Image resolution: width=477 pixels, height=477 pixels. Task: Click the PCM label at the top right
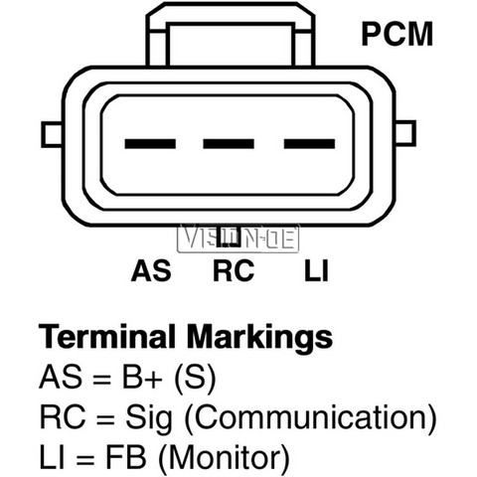click(x=397, y=34)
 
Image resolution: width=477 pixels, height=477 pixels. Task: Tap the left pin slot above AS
click(x=150, y=144)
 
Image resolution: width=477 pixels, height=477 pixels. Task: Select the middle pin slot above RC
click(x=229, y=144)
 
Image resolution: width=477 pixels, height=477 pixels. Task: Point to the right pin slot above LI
click(x=309, y=144)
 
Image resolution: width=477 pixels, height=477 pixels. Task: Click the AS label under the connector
click(x=151, y=270)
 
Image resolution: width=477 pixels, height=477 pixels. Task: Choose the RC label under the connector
click(x=234, y=270)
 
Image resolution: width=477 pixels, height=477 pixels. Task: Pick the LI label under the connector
click(x=316, y=270)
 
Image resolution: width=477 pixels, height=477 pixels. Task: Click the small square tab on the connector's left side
click(x=52, y=134)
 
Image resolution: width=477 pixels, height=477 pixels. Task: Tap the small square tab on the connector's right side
click(x=405, y=133)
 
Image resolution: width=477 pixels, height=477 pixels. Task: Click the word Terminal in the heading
click(x=107, y=336)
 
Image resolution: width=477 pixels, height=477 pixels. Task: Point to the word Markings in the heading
click(x=259, y=338)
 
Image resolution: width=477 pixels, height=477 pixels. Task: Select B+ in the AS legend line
click(x=142, y=377)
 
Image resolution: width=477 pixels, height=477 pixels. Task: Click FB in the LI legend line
click(x=126, y=458)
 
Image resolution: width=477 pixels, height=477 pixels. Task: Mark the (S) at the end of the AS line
click(x=195, y=378)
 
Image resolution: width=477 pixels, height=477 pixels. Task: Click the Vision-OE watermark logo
click(x=238, y=238)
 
